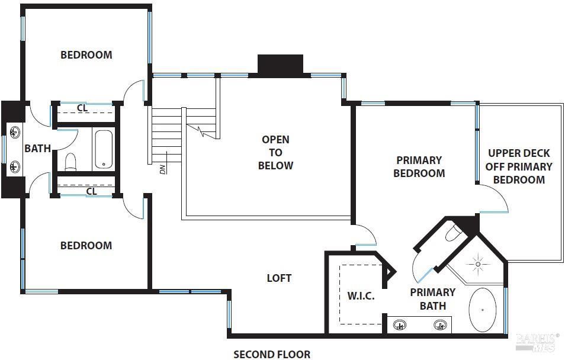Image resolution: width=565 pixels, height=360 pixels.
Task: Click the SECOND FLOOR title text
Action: click(271, 354)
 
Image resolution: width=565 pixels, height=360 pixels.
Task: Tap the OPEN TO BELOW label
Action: click(275, 152)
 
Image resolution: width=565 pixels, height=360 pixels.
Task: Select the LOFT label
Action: click(279, 278)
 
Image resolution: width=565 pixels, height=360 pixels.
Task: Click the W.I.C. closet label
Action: click(360, 295)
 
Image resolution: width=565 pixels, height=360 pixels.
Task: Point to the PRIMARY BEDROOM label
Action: click(419, 166)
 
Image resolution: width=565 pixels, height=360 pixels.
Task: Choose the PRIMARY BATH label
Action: click(433, 298)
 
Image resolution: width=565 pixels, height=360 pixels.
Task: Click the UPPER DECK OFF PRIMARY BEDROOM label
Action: click(519, 166)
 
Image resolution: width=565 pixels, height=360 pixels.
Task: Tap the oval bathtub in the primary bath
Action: click(483, 310)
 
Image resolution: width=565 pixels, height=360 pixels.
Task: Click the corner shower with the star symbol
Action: click(477, 262)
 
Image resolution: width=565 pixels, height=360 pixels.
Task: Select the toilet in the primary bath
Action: click(453, 232)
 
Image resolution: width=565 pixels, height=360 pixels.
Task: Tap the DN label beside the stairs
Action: click(162, 168)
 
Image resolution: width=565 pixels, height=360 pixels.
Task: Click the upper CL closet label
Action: click(83, 108)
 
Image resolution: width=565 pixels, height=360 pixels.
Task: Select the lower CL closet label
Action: click(92, 191)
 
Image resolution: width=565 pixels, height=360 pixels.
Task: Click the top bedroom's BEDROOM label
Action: click(86, 55)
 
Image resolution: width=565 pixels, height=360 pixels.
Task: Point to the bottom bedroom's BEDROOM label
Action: click(86, 245)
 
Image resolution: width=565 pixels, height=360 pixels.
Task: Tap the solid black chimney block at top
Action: click(280, 65)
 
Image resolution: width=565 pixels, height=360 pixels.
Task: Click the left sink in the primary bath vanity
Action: click(400, 324)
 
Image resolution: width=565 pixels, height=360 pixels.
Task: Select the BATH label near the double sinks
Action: click(37, 148)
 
